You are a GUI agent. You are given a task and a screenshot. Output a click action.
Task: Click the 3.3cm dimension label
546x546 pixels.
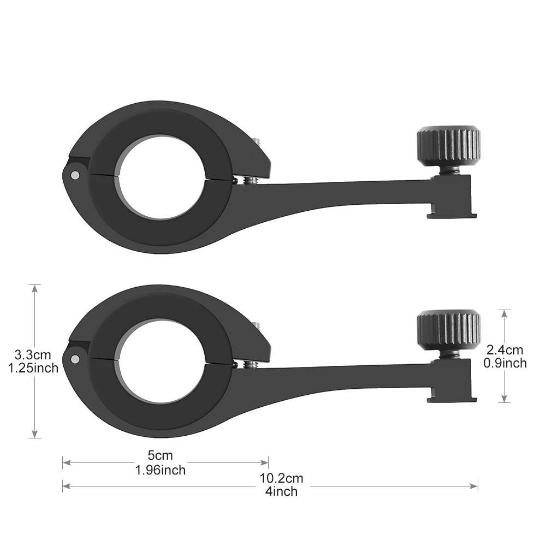33,355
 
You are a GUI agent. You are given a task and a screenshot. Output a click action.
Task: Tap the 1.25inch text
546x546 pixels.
33,368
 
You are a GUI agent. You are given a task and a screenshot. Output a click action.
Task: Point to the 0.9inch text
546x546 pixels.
505,363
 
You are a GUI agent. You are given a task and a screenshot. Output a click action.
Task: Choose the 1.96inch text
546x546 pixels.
161,470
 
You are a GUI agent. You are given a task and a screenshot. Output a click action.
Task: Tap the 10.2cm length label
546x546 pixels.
281,479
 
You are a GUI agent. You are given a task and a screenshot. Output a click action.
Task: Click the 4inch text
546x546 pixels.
281,491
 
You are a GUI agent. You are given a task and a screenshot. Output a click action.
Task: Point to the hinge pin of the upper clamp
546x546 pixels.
74,175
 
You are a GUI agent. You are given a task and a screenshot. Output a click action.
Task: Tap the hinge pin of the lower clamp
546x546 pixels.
74,359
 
